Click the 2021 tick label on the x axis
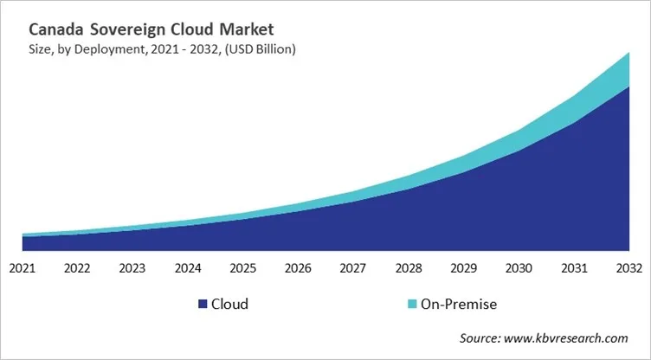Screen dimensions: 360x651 (x=23, y=268)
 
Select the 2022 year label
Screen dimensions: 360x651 (x=77, y=268)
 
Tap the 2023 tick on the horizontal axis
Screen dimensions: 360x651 (x=132, y=268)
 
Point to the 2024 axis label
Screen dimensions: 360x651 (x=187, y=268)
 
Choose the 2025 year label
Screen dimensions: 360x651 (x=242, y=268)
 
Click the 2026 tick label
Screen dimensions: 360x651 (x=298, y=268)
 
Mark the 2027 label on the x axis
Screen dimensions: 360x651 (x=352, y=268)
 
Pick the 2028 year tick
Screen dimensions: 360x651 (x=408, y=268)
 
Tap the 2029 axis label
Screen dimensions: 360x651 (x=462, y=268)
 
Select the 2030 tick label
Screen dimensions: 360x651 (x=518, y=268)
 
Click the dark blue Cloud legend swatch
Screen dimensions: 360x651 (x=203, y=304)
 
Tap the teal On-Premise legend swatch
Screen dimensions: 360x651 (x=412, y=304)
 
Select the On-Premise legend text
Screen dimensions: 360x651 (x=459, y=304)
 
